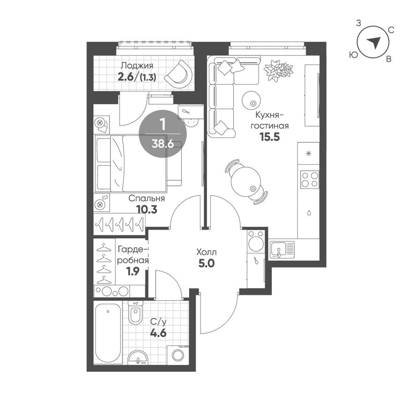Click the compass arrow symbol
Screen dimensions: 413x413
pos(373,43)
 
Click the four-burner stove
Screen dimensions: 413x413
pos(310,179)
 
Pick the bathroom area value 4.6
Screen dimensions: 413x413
pos(158,334)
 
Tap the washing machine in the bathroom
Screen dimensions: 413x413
pos(177,354)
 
